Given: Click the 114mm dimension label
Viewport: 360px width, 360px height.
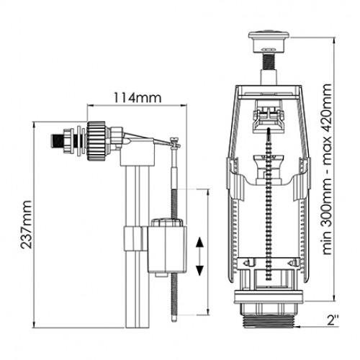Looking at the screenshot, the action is pos(138,98).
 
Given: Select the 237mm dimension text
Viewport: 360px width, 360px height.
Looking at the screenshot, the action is pos(26,225).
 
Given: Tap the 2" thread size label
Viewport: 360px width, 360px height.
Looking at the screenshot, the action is pos(333,320).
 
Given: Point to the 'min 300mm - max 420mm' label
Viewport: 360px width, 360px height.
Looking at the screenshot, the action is pos(327,169).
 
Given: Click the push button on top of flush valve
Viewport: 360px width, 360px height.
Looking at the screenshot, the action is pos(269,41).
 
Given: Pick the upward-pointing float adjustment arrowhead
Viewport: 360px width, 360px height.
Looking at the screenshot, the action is pos(199,243).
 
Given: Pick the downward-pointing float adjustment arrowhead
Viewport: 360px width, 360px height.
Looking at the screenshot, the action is pos(199,271).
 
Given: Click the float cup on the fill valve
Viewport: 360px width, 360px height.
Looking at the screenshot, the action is pos(167,247).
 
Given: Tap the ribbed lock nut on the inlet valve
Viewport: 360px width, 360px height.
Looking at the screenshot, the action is pos(96,141).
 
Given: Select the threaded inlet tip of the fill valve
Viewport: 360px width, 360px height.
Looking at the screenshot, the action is pos(55,141).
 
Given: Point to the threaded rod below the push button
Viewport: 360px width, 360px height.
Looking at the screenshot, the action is pos(269,62).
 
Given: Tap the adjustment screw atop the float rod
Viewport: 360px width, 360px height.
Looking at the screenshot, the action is pos(175,142).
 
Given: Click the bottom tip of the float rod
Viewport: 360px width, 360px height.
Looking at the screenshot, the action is pos(174,320).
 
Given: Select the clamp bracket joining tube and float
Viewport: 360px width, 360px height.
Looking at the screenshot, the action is pos(135,238).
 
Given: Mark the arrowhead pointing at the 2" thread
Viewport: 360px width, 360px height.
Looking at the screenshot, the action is pos(299,326).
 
